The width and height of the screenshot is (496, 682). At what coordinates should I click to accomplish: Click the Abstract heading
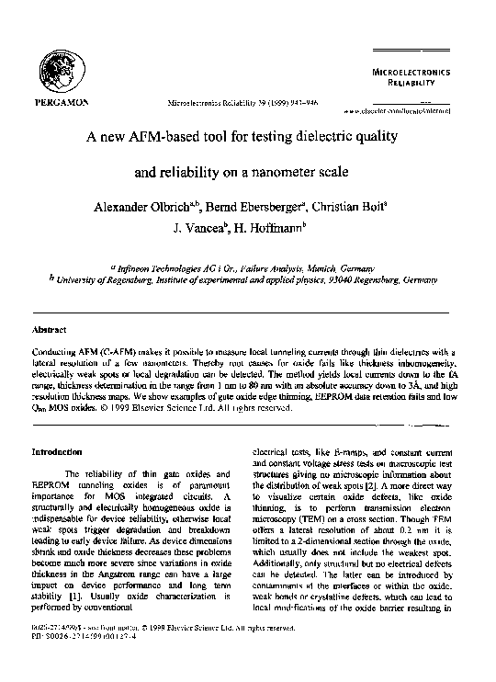coord(48,328)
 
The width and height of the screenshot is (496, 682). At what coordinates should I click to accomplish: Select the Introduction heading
coord(58,452)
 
